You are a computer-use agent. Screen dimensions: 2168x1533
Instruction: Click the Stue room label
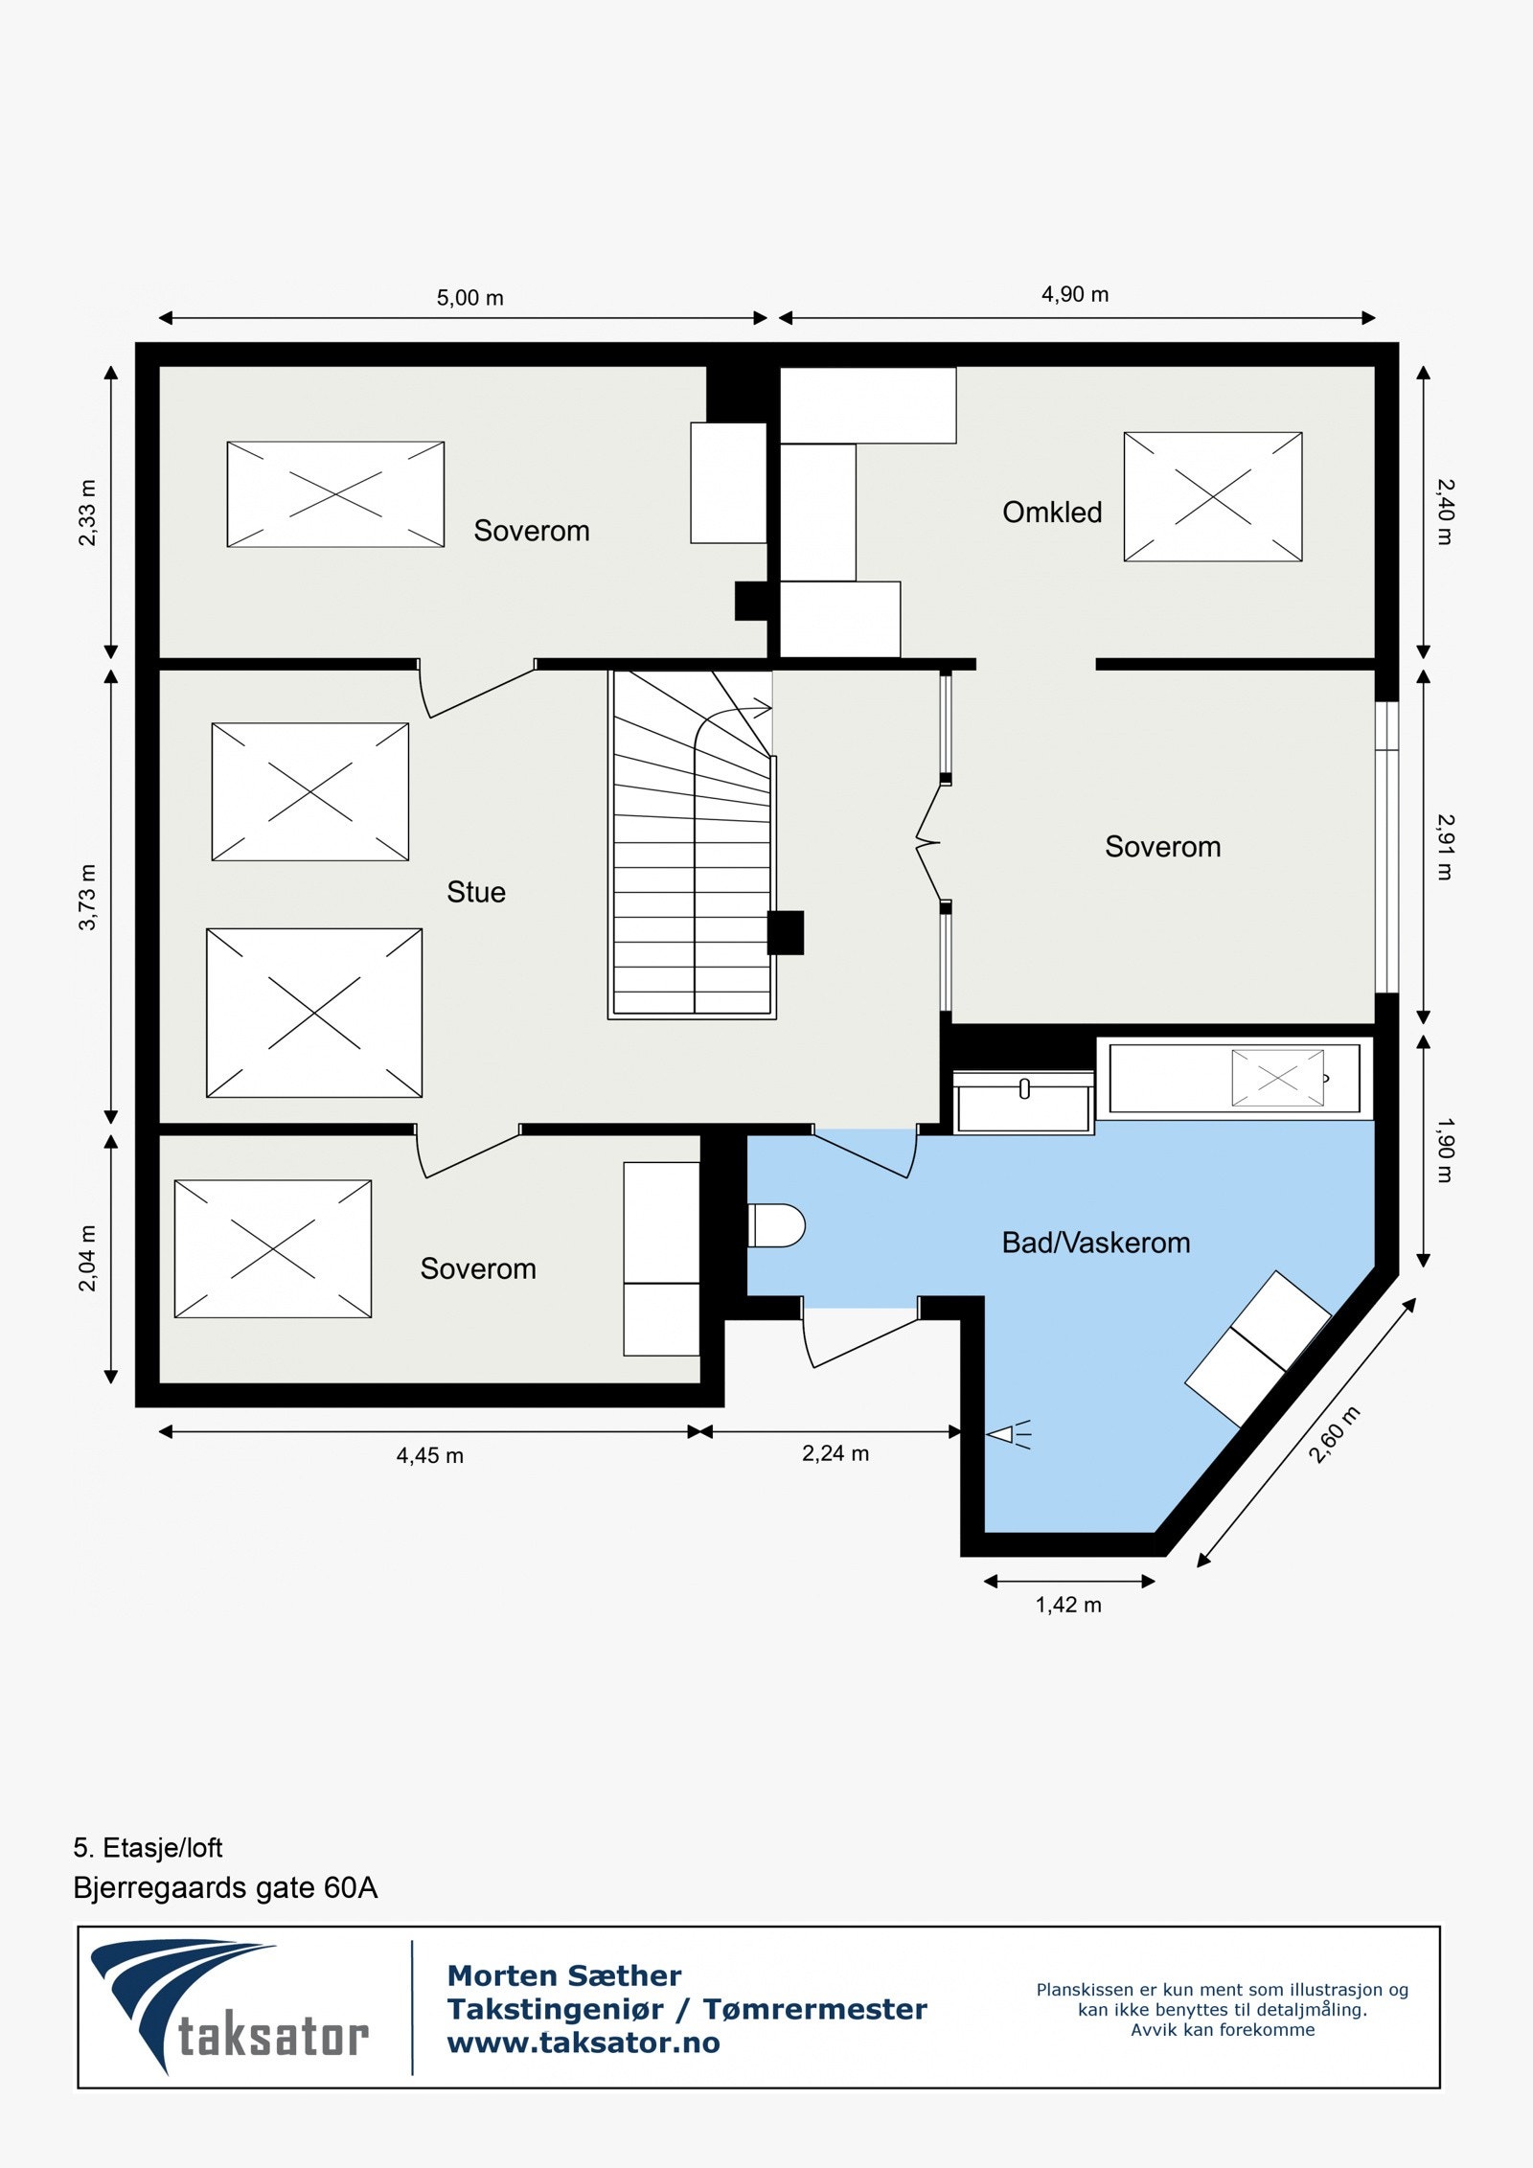(475, 892)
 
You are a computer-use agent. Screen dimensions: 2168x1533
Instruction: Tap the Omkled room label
(1051, 513)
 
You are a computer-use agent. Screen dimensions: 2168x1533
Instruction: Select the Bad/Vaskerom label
(1095, 1243)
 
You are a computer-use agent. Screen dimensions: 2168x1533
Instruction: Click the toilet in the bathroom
(777, 1225)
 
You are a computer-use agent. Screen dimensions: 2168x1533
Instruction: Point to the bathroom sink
(1023, 1102)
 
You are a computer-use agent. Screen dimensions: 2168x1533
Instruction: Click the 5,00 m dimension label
(469, 298)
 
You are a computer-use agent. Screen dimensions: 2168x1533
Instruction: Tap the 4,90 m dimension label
(1074, 295)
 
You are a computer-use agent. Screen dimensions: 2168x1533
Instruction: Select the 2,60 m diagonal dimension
(1334, 1434)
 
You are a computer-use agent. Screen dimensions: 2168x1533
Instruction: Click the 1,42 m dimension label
(1067, 1605)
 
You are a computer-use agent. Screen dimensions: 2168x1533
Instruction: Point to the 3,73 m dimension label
(87, 897)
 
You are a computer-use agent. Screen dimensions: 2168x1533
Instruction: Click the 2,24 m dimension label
(835, 1453)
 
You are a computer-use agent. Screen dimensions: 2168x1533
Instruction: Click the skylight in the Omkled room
(1212, 496)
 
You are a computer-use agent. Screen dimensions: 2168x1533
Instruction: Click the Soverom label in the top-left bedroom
(531, 531)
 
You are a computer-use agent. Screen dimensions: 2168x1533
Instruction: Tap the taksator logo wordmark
(273, 2038)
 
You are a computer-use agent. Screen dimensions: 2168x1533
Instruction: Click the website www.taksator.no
(583, 2042)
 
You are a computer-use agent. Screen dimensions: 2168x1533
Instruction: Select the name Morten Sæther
(563, 1975)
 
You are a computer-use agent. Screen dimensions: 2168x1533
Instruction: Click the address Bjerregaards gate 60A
(225, 1887)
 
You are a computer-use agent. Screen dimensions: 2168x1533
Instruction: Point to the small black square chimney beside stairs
(786, 932)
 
